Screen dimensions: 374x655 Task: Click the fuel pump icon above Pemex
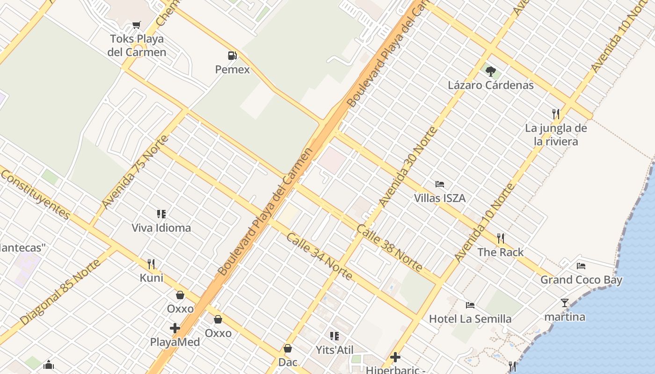click(232, 56)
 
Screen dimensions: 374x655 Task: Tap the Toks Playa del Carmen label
click(137, 45)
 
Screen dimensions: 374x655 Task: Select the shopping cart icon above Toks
click(136, 25)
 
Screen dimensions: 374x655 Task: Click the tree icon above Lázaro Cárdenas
click(490, 72)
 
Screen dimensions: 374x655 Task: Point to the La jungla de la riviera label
click(556, 135)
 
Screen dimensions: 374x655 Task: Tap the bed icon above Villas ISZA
click(439, 184)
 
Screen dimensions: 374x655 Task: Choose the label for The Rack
click(500, 252)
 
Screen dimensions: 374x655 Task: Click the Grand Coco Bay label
click(581, 280)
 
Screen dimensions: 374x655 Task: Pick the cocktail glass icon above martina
click(565, 303)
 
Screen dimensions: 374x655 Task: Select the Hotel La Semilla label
click(470, 319)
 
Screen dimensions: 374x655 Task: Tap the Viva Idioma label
click(161, 228)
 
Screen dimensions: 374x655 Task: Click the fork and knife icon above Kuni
click(151, 264)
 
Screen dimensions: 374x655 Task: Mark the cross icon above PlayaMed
click(175, 328)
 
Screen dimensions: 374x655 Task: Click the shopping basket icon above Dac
click(288, 348)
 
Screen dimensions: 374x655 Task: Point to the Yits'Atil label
click(334, 350)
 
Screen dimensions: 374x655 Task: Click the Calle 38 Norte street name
click(389, 248)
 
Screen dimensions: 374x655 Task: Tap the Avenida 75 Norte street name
click(135, 172)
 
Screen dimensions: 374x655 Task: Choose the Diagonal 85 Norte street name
click(60, 292)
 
